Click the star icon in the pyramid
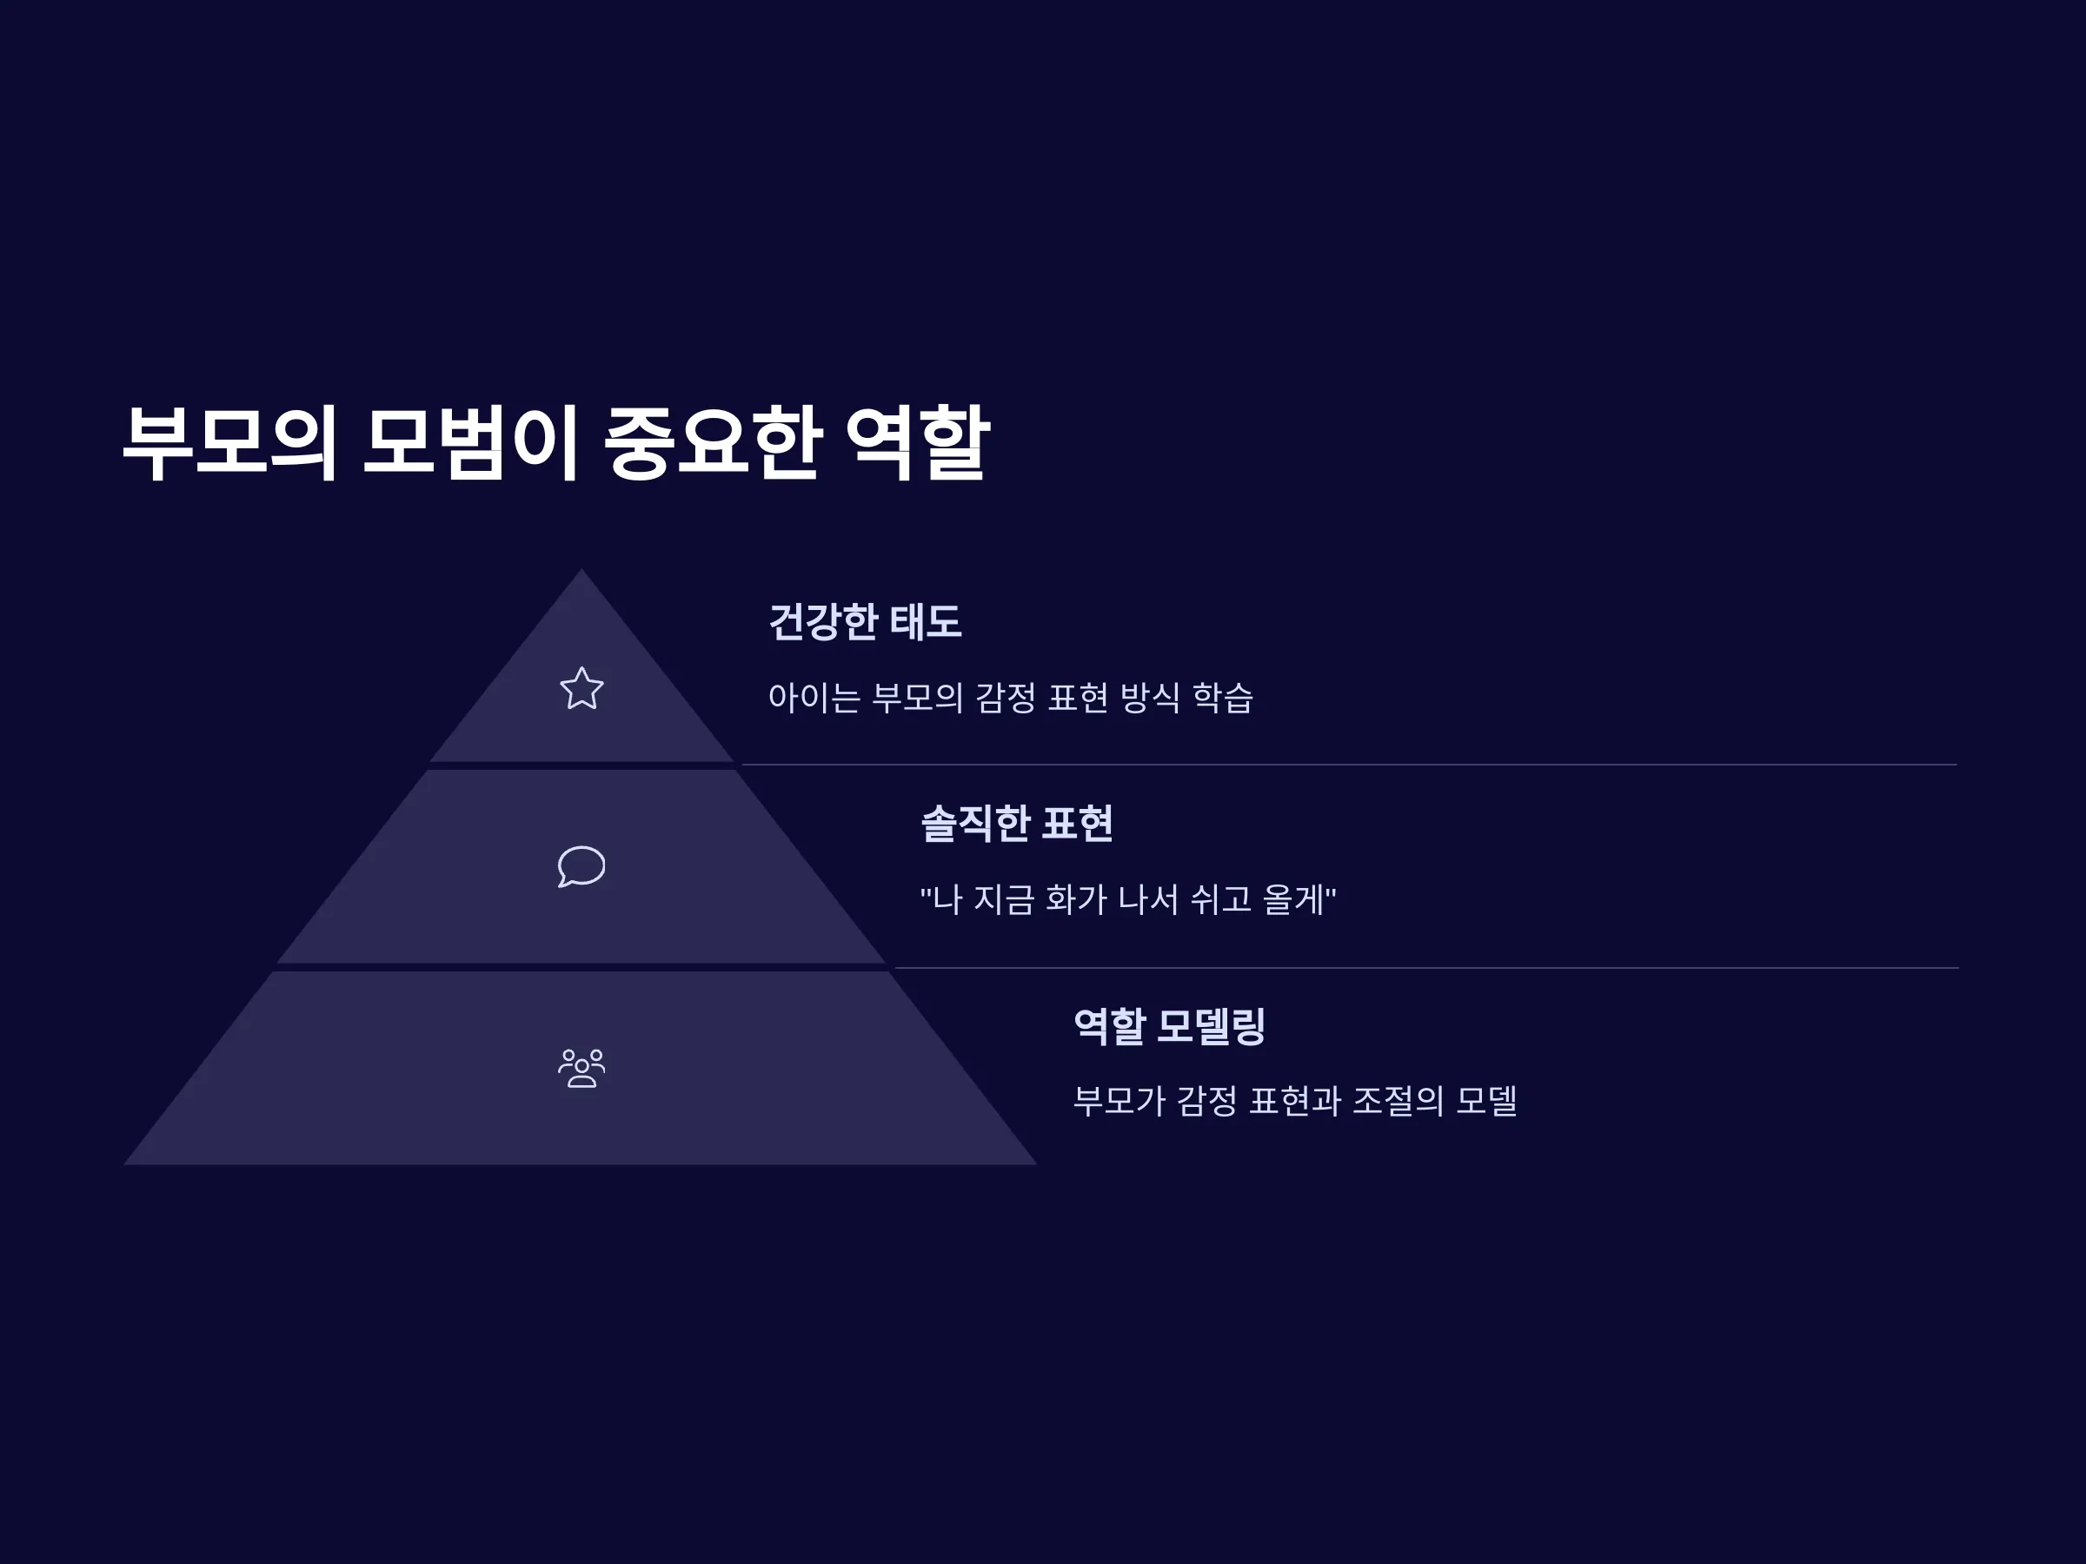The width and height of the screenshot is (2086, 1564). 581,688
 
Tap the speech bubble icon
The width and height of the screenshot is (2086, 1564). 581,866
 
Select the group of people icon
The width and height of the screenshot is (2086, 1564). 581,1068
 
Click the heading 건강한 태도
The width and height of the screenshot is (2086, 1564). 866,622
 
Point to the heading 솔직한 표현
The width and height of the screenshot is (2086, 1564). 1017,823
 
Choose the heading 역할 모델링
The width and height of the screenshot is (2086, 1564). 1169,1025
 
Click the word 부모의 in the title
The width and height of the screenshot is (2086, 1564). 230,442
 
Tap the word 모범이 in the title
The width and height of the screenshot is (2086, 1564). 469,442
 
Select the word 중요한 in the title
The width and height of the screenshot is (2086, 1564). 711,442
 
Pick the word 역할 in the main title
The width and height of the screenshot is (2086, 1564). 917,442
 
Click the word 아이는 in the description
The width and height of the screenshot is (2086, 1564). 814,698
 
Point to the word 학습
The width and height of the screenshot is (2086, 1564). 1222,698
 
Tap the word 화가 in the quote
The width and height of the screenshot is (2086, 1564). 1076,899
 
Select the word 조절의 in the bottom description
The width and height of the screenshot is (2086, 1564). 1398,1101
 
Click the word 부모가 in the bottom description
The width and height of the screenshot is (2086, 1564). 1119,1101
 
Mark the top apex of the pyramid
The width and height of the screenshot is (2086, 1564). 581,568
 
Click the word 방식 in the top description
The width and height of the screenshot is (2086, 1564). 1150,698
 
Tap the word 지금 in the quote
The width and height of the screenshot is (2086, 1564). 1003,899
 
